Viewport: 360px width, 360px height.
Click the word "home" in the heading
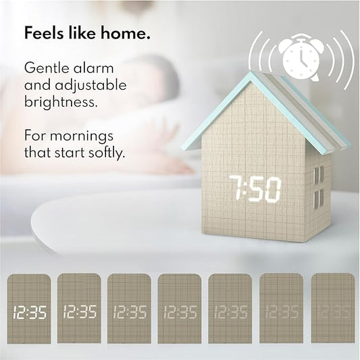coord(126,33)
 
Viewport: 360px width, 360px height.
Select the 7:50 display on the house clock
coord(255,189)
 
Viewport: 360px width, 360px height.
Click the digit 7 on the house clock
coord(236,189)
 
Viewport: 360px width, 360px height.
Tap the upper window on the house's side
coord(317,175)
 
